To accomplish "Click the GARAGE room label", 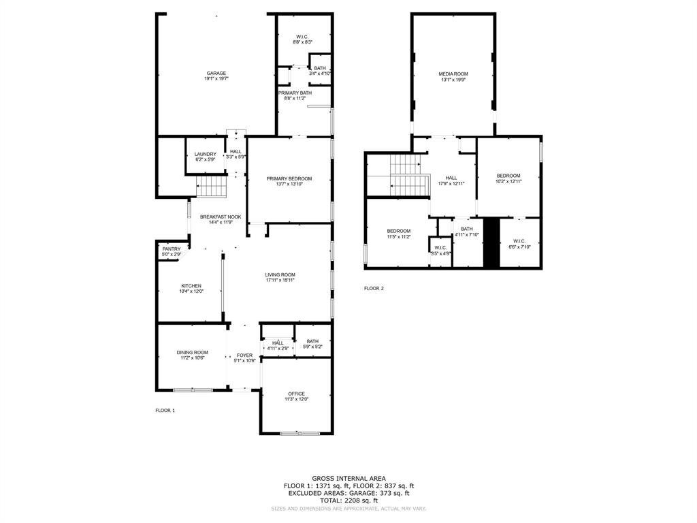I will click(216, 74).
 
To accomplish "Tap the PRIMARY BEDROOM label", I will click(289, 178).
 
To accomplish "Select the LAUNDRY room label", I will click(205, 155).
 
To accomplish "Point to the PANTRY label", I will click(172, 249).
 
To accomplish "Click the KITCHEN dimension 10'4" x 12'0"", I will click(191, 291).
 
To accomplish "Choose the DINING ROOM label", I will click(192, 353).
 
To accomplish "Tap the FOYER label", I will click(244, 355).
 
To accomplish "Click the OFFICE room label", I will click(296, 394).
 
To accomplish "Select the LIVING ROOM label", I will click(280, 274).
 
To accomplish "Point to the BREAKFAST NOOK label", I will click(216, 217).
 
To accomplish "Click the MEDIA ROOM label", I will click(453, 74).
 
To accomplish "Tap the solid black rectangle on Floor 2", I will click(491, 242).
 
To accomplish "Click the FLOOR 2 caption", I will click(374, 289).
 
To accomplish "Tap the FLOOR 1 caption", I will click(165, 411).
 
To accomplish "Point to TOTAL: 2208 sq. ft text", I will click(348, 501).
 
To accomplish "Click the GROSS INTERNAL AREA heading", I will click(348, 479).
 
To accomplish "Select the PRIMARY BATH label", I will click(295, 93).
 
